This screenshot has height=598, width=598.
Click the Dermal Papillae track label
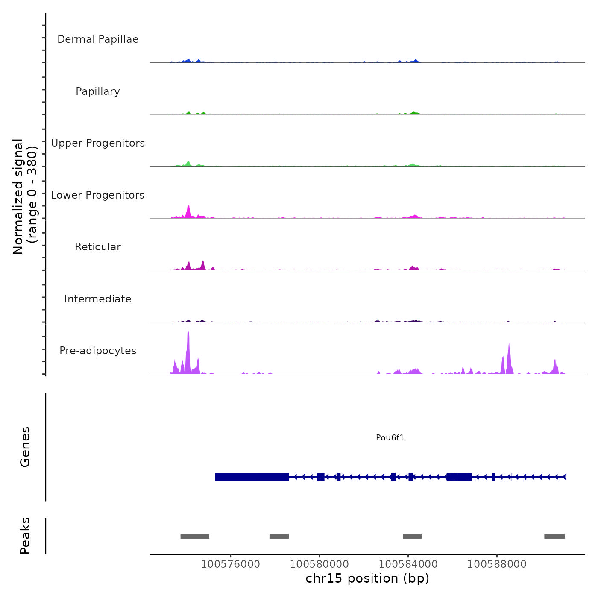click(98, 39)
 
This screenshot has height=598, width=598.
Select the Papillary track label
click(98, 91)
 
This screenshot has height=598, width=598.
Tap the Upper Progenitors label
click(98, 143)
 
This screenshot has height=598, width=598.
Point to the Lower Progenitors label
click(98, 195)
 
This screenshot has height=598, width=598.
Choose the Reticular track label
click(98, 247)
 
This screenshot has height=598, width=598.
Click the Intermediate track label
click(98, 299)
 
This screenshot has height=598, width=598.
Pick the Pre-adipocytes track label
click(98, 351)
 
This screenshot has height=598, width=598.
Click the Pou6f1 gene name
click(390, 437)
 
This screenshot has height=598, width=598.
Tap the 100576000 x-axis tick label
click(230, 564)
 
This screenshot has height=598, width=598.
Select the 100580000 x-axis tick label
click(319, 564)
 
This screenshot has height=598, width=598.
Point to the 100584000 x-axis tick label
click(408, 564)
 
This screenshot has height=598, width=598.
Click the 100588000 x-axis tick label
click(497, 564)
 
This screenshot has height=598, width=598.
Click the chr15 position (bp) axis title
click(367, 579)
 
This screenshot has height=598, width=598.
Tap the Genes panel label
click(25, 447)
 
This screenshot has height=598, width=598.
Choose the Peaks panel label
click(25, 536)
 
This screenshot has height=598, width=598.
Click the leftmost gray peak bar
click(195, 536)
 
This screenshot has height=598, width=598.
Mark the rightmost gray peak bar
click(554, 536)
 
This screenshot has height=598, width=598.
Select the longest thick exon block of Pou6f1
click(252, 477)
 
